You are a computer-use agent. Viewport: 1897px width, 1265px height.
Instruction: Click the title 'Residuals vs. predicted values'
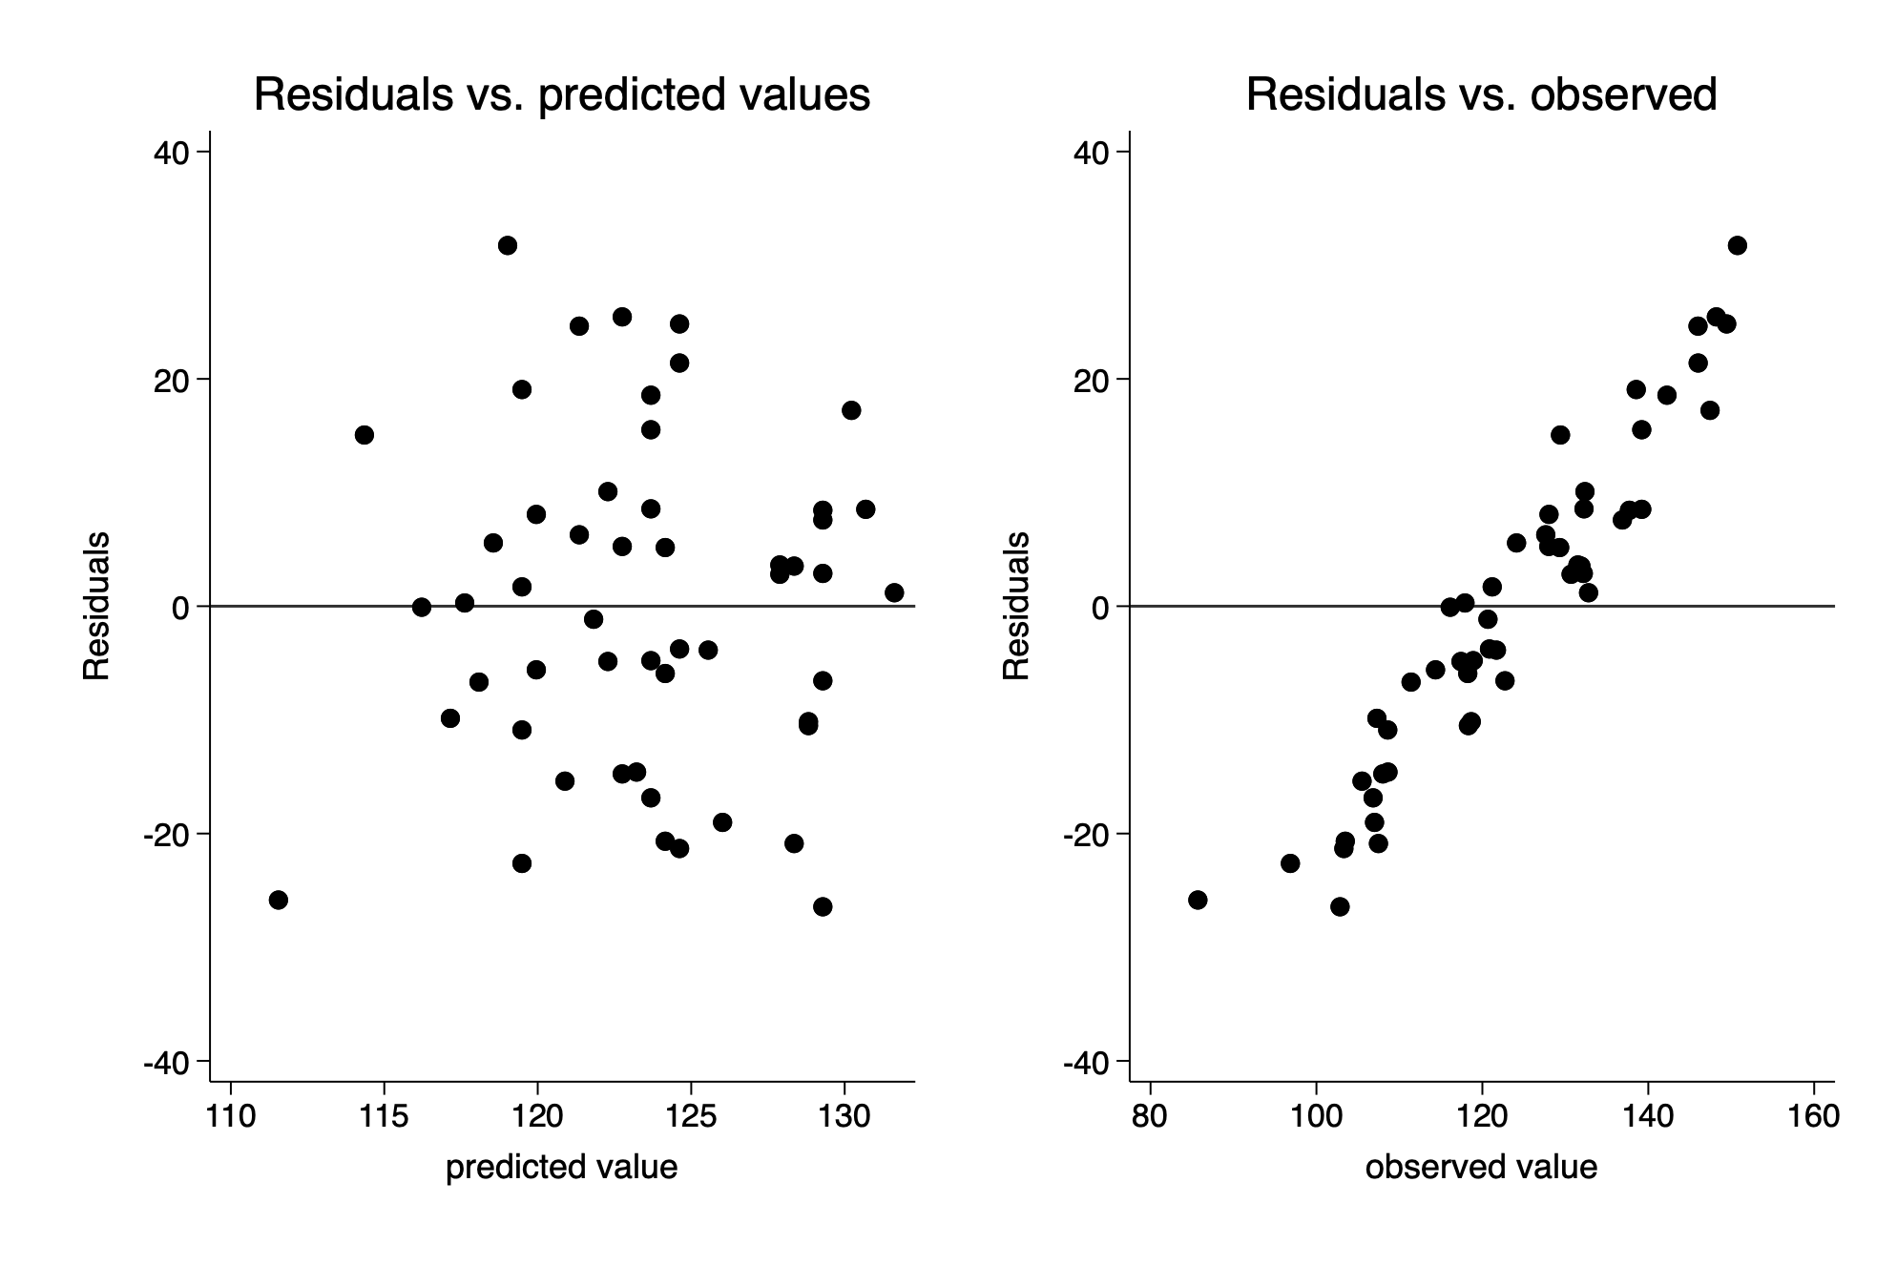coord(561,95)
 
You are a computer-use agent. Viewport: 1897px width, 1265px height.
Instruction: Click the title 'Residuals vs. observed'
coord(1481,95)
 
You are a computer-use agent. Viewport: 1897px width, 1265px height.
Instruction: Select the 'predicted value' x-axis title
coord(561,1167)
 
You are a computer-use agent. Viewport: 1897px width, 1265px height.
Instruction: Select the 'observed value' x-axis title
coord(1481,1167)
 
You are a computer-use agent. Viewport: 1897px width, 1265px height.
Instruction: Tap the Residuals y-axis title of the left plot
coord(96,606)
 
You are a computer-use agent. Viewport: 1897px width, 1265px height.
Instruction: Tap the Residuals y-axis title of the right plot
coord(1016,606)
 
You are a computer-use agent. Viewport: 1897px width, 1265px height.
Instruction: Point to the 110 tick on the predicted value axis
coord(231,1116)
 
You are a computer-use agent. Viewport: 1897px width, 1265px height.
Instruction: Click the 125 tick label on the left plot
coord(691,1116)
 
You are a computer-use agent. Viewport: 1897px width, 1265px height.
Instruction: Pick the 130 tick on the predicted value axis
coord(844,1116)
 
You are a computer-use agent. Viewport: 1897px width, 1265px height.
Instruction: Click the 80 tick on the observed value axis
coord(1150,1116)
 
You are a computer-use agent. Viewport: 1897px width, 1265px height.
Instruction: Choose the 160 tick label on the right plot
coord(1813,1116)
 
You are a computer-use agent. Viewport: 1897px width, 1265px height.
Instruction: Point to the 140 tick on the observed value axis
coord(1648,1116)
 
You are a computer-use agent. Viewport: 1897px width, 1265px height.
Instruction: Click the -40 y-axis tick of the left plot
coord(164,1062)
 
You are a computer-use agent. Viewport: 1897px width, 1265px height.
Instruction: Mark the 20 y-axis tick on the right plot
coord(1093,379)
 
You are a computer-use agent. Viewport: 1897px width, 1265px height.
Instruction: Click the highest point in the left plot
coord(508,245)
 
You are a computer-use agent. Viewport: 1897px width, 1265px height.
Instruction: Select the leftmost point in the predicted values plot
coord(279,900)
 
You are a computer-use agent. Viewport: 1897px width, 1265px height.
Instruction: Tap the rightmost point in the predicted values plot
coord(894,592)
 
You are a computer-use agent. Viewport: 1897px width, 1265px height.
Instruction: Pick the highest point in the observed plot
coord(1738,245)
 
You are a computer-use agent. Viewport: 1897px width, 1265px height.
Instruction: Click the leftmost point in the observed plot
coord(1198,900)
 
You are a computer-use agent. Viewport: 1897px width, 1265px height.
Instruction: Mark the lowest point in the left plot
coord(823,906)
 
